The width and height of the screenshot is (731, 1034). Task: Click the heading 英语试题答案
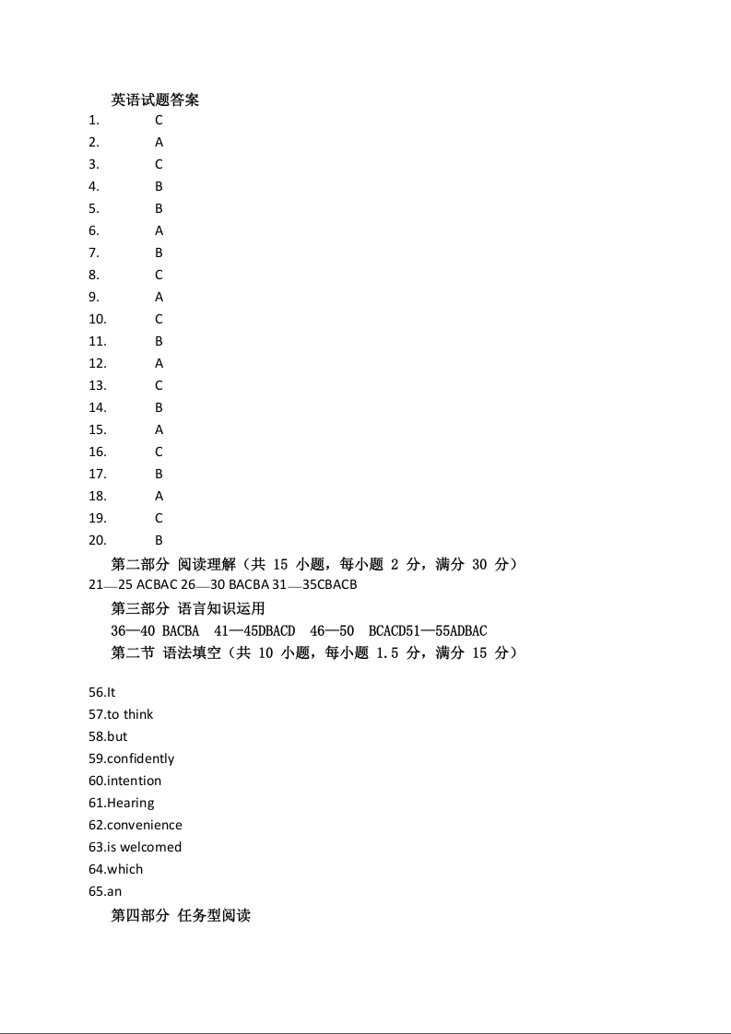click(x=155, y=100)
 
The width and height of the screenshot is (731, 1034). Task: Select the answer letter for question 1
click(x=159, y=120)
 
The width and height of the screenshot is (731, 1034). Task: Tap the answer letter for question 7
click(x=159, y=253)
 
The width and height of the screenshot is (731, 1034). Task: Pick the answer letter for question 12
click(x=159, y=363)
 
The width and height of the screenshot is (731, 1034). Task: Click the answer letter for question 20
click(x=159, y=540)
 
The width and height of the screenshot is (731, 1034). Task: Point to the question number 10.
click(x=98, y=319)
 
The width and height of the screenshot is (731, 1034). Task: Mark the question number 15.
click(x=98, y=429)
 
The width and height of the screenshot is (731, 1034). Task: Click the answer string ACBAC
click(x=157, y=585)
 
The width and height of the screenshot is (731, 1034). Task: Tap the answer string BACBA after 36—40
click(x=181, y=630)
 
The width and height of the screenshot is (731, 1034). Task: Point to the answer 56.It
click(x=101, y=692)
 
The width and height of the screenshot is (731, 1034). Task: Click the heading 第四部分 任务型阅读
click(x=181, y=915)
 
